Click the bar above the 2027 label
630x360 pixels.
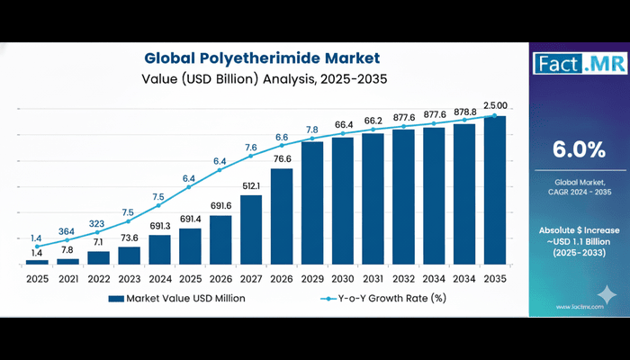coord(251,229)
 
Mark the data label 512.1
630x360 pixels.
coord(251,186)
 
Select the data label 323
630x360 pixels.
coord(98,222)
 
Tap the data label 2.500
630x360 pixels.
coord(494,105)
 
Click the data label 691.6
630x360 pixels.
coord(220,206)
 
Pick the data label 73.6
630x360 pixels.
coord(129,238)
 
